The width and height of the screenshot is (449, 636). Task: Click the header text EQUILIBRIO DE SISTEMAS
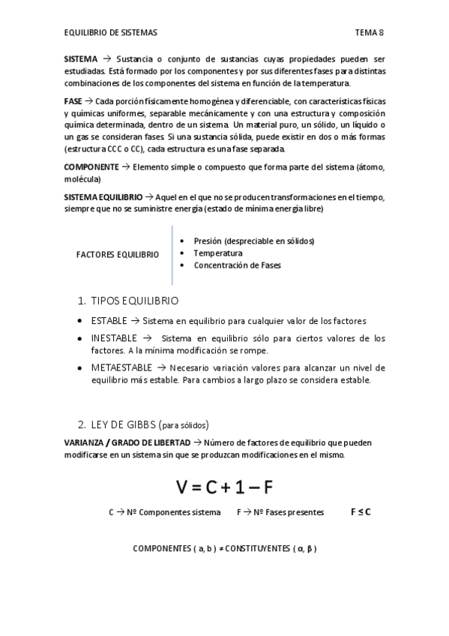click(110, 33)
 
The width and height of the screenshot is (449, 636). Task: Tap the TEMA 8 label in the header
click(370, 33)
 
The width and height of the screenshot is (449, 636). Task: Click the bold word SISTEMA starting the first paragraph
click(81, 58)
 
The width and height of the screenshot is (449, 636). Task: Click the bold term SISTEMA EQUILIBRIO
click(103, 196)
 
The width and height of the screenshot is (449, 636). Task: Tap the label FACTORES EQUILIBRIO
click(118, 254)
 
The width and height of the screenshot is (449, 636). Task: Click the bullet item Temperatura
click(218, 253)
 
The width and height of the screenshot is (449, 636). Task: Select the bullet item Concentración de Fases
click(238, 265)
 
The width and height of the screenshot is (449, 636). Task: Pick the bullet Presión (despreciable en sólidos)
click(253, 241)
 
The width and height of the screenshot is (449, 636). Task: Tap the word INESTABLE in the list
click(115, 338)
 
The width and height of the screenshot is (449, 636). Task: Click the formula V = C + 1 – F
click(225, 487)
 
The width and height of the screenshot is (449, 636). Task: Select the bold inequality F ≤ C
click(361, 512)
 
